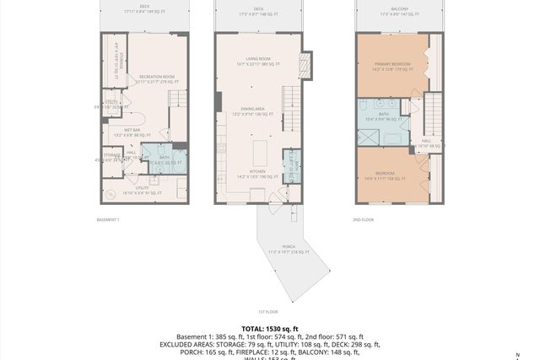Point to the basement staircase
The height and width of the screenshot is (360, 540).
pos(177,101)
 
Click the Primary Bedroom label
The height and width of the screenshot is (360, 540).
pos(391,66)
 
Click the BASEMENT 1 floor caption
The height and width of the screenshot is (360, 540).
pos(108,220)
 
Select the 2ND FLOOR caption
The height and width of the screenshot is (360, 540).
pos(363,220)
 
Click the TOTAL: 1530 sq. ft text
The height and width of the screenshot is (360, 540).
pos(270,328)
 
